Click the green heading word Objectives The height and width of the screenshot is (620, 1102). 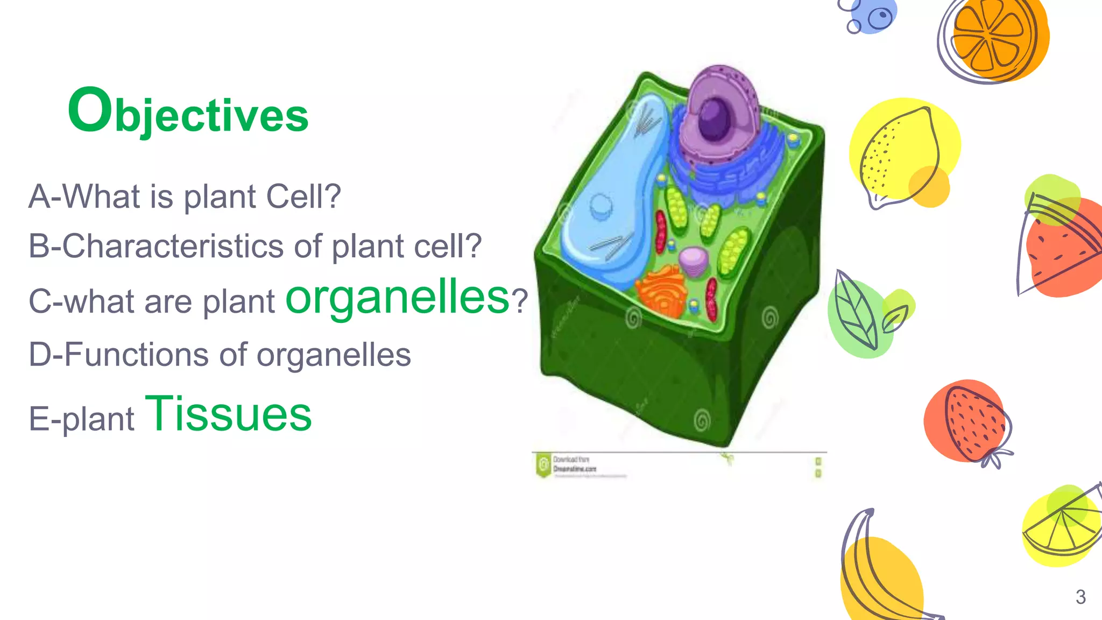pyautogui.click(x=188, y=112)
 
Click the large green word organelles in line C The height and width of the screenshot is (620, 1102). pyautogui.click(x=397, y=297)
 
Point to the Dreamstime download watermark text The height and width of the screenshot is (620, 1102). pyautogui.click(x=574, y=464)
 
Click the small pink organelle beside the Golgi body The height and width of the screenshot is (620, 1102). pyautogui.click(x=694, y=261)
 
